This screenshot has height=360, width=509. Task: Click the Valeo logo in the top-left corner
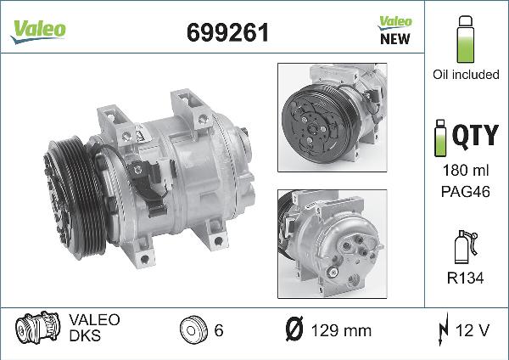38,31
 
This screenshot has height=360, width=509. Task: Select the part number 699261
228,32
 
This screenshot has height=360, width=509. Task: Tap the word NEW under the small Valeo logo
395,39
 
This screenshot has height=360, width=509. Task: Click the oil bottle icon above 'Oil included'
466,39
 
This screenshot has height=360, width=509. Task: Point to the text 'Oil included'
466,75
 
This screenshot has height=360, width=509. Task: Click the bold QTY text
476,136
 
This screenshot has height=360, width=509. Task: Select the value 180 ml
466,171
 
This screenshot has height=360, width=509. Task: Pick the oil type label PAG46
465,191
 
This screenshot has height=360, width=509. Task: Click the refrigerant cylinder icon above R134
466,246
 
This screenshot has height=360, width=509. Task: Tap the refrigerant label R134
465,278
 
